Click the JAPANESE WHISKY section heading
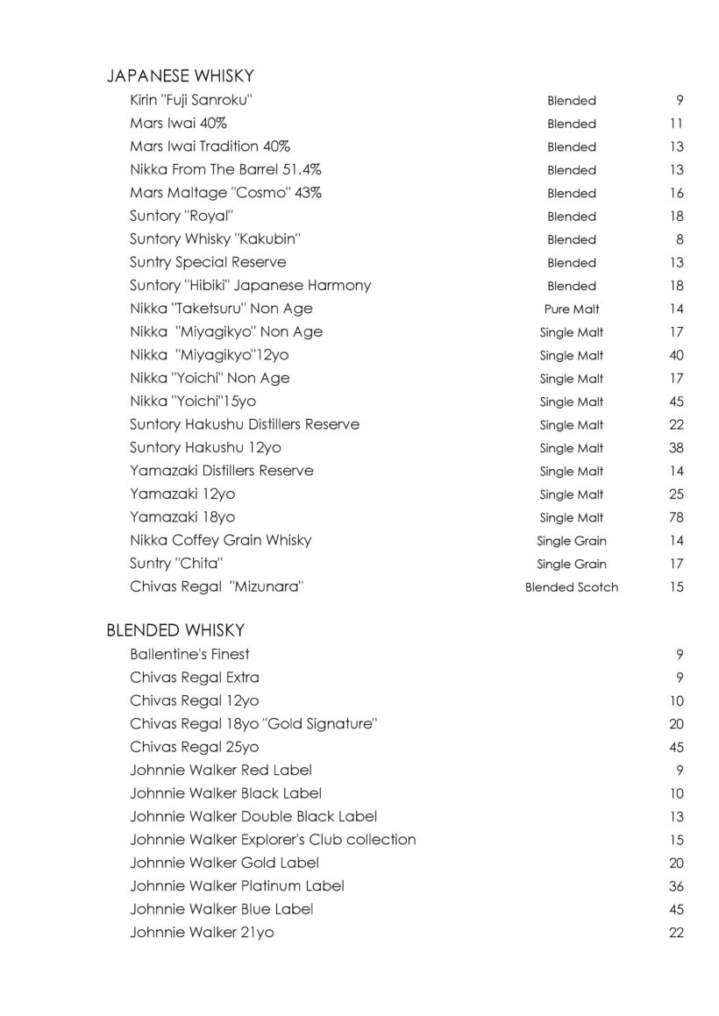point(180,76)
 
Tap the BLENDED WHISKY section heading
point(175,630)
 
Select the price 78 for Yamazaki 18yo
point(676,517)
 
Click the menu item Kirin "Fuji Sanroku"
point(192,100)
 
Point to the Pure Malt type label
point(572,309)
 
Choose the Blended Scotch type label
point(572,587)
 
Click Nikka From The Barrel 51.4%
point(219,169)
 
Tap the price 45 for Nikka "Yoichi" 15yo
point(676,401)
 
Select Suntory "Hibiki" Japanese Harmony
point(250,285)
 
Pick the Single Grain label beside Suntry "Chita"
point(572,564)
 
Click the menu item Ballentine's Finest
point(189,654)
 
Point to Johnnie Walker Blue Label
point(221,909)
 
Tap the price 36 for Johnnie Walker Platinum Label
point(676,886)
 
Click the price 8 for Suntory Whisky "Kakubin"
point(680,239)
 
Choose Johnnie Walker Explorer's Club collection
point(273,840)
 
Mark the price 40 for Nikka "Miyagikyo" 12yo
point(676,355)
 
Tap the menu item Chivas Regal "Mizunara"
point(216,586)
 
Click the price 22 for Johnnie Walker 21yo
point(676,933)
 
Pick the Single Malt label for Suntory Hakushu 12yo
point(572,448)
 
